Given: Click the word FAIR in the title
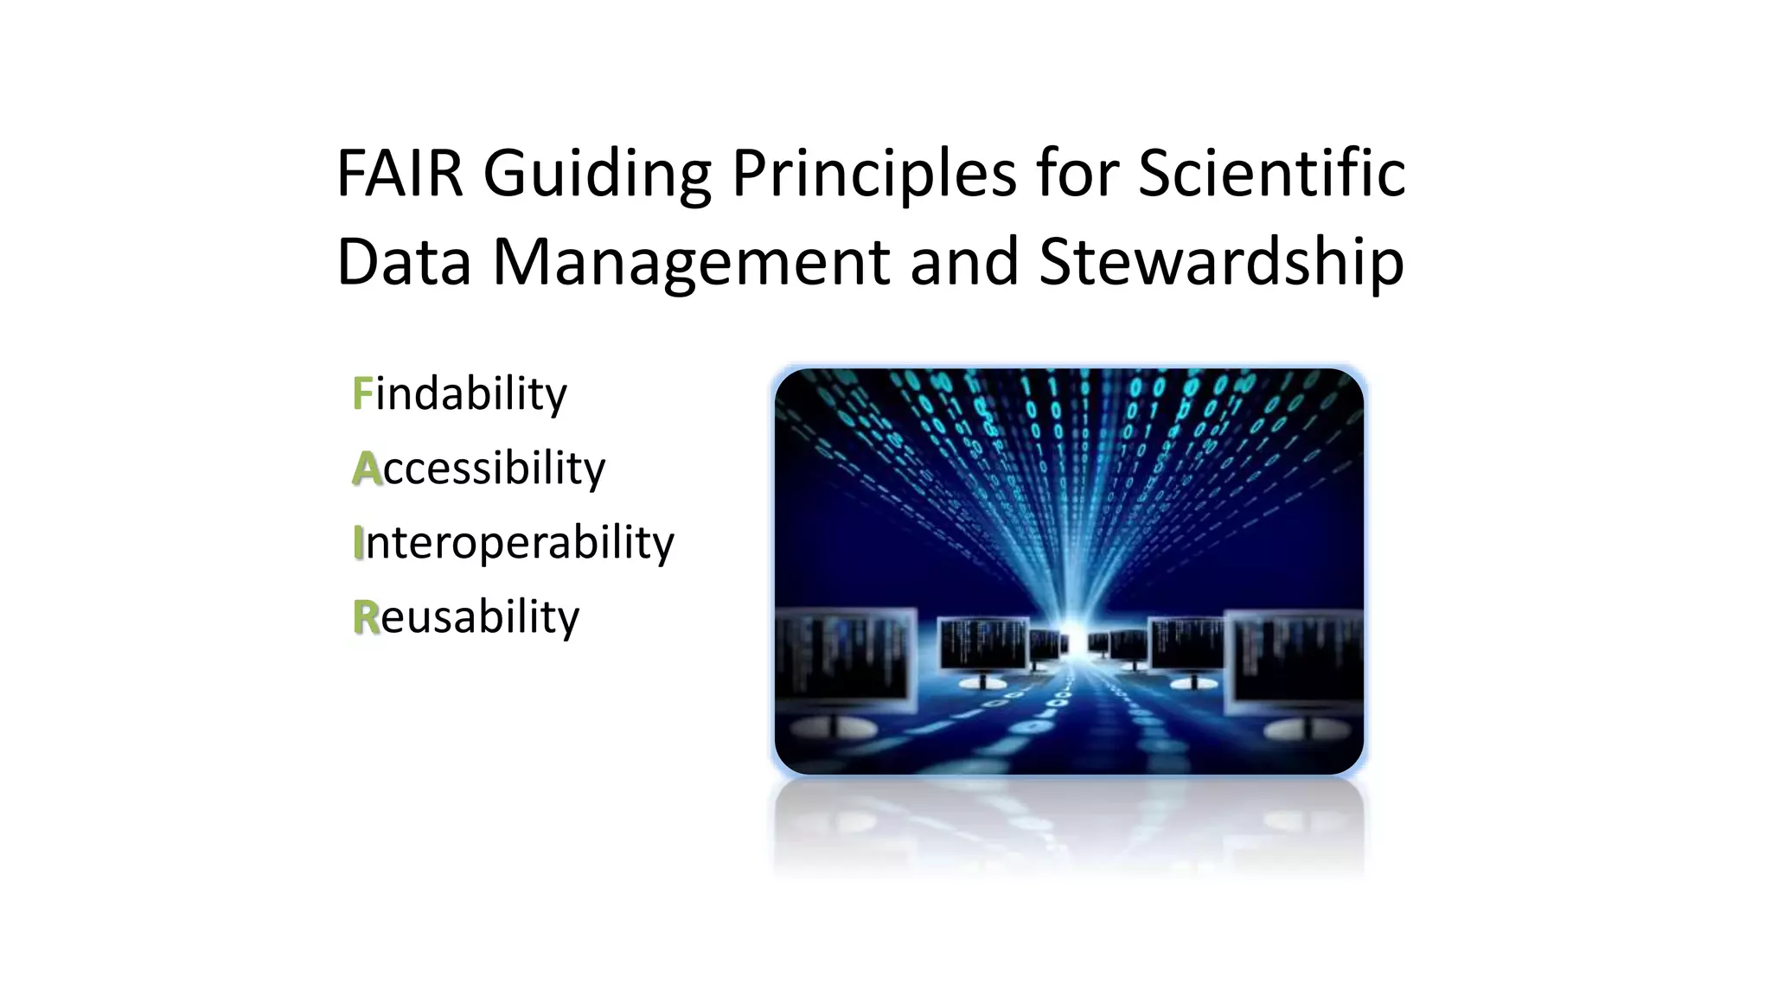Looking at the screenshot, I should tap(400, 175).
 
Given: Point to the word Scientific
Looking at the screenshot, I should tap(1271, 175).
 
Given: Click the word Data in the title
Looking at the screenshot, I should tap(403, 262).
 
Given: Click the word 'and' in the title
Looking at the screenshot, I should tap(964, 262).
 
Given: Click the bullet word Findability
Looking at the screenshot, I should tap(460, 394).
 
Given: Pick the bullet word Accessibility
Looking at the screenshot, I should tap(479, 469).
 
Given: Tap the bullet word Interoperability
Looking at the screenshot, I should tap(514, 543).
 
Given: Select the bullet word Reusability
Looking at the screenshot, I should tap(466, 617).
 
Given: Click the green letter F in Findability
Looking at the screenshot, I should tap(361, 394).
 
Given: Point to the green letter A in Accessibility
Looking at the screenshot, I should tap(367, 469).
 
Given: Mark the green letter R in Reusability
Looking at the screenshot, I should tap(366, 617).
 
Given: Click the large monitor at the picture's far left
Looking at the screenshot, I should tap(843, 661).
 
